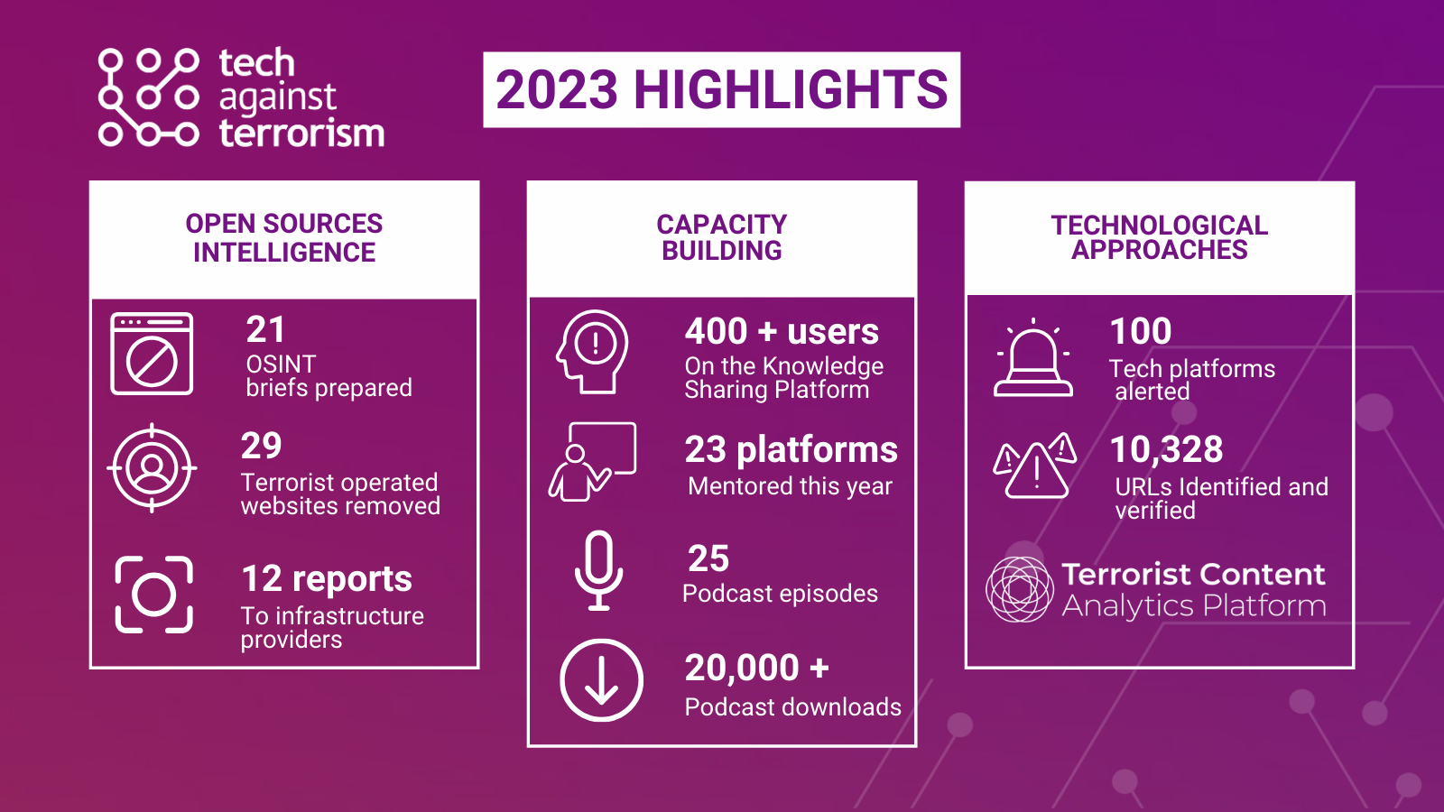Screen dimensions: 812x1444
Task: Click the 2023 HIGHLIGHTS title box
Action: (721, 90)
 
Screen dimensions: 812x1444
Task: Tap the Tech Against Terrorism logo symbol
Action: (148, 97)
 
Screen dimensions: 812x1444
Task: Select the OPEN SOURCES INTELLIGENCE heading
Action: (284, 238)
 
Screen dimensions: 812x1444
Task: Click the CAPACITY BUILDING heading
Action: (722, 237)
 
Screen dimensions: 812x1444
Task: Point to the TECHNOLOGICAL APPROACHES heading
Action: (1159, 237)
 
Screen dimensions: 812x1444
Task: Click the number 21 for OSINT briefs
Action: (265, 330)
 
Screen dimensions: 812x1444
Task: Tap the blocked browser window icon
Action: (152, 354)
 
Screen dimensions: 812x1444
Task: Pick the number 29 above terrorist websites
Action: (262, 446)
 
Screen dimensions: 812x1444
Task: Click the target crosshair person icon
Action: (152, 468)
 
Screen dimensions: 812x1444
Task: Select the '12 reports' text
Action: (327, 579)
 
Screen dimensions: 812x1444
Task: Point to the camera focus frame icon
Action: (154, 595)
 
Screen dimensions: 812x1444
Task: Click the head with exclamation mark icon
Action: (592, 351)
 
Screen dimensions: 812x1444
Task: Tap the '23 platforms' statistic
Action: (791, 449)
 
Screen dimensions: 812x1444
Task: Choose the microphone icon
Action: (598, 570)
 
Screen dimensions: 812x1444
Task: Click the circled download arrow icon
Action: (601, 680)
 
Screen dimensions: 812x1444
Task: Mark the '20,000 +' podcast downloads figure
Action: (756, 669)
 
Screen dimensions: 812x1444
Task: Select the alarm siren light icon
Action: (1033, 360)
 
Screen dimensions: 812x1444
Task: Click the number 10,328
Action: (1166, 449)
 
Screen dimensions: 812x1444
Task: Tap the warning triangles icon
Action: (1035, 466)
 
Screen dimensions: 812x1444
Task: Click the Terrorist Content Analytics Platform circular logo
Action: (1020, 589)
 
